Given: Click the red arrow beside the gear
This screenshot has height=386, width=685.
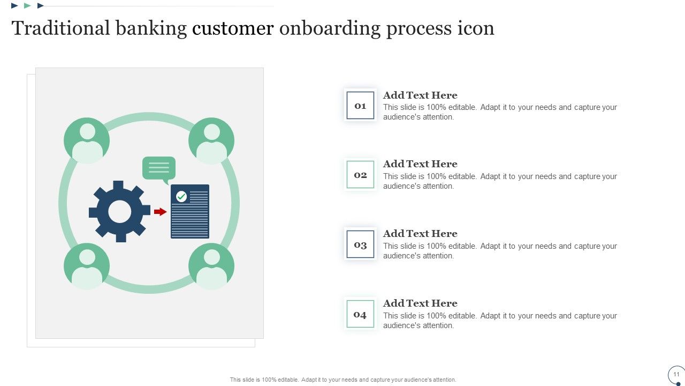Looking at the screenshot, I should click(x=160, y=212).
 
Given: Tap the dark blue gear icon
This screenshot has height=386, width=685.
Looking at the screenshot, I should click(x=119, y=211).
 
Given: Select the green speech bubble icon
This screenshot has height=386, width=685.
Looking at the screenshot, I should click(x=159, y=168).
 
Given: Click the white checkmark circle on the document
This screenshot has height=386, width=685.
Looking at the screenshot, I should click(x=181, y=197).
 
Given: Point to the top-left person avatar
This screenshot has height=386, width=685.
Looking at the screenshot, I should click(x=87, y=140).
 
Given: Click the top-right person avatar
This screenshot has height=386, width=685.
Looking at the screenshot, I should click(x=211, y=140).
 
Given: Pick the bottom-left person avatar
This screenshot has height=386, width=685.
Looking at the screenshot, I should click(x=87, y=266).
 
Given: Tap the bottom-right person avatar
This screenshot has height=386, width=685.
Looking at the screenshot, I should click(x=211, y=266).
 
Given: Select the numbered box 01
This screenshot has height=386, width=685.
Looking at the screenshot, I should click(x=360, y=106).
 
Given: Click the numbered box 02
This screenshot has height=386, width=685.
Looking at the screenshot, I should click(x=360, y=175).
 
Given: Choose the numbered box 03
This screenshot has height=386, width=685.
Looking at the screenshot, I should click(x=360, y=244).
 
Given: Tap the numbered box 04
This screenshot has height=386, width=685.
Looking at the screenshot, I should click(x=360, y=314).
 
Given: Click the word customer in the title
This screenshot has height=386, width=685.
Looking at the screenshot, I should click(x=233, y=28).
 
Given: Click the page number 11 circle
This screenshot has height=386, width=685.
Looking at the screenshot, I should click(x=676, y=374).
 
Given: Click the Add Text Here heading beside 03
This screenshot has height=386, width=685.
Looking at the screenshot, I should click(x=420, y=234).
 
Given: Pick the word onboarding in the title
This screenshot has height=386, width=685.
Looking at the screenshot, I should click(x=330, y=28).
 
